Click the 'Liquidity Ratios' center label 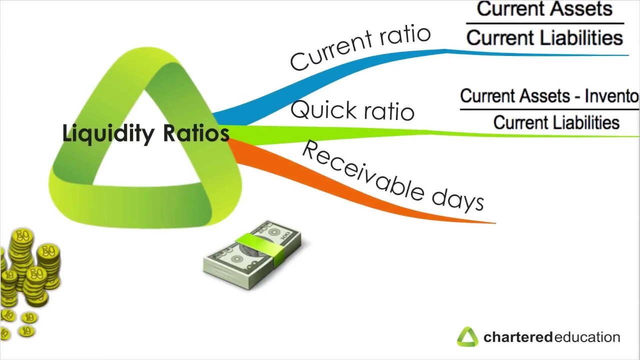pos(145,133)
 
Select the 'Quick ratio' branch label pos(352,110)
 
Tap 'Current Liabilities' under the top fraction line pos(544,38)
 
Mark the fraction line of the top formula pos(544,23)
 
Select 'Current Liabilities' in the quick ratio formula pos(556,122)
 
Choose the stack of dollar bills pos(252,255)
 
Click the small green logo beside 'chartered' pos(467,337)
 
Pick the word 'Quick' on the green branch pos(320,108)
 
